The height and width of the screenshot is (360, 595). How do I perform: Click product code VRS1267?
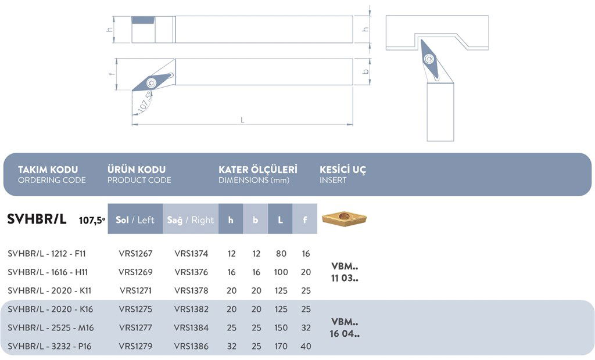point(135,254)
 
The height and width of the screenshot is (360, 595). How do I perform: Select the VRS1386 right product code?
point(191,347)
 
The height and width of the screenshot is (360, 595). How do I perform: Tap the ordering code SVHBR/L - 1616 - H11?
point(48,272)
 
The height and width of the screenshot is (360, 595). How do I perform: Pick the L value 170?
point(281,347)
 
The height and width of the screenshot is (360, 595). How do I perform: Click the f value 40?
point(306,347)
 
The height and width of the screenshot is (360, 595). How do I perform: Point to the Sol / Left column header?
point(135,220)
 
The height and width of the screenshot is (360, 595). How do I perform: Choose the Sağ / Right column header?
point(191,220)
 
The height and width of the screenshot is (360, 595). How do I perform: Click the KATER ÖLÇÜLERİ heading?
point(257,170)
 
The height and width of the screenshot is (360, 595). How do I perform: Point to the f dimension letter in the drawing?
point(110,74)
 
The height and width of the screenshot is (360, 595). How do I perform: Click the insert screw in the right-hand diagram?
point(429,58)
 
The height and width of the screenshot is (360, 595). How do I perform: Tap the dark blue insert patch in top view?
point(142,20)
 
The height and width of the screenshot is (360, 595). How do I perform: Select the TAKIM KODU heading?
point(48,170)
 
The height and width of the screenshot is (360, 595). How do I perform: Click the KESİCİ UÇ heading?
point(343,170)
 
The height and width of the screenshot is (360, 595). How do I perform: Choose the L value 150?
point(281,328)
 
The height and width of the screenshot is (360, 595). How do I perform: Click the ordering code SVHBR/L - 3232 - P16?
point(50,347)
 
